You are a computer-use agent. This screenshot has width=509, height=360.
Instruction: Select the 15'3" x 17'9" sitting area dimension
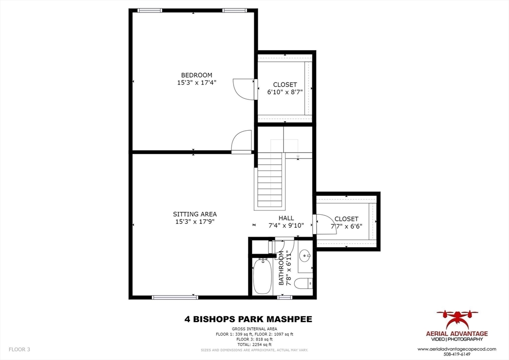195,222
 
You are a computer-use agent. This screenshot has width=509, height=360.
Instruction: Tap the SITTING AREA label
195,214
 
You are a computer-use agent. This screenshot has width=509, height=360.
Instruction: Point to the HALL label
286,218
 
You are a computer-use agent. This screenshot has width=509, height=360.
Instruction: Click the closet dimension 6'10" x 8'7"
285,92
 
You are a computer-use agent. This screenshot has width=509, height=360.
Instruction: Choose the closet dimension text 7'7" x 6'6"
346,226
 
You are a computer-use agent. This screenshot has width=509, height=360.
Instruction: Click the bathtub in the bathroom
262,276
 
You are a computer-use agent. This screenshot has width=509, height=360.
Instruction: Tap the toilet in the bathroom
303,283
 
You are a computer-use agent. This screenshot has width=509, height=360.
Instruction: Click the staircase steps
270,184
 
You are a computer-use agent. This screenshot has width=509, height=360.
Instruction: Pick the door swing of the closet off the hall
323,223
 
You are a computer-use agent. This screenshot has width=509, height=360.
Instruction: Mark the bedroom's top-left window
150,10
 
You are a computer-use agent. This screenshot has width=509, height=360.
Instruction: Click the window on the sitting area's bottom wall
171,297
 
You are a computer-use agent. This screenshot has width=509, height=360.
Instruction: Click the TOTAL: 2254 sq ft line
254,345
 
